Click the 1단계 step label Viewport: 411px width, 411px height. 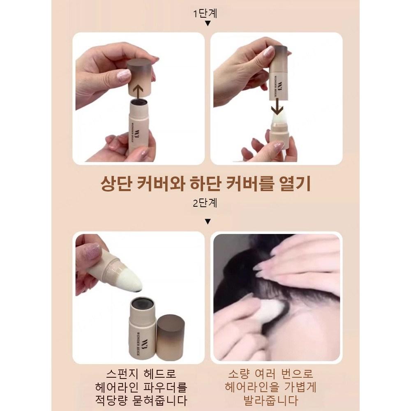(205, 13)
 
